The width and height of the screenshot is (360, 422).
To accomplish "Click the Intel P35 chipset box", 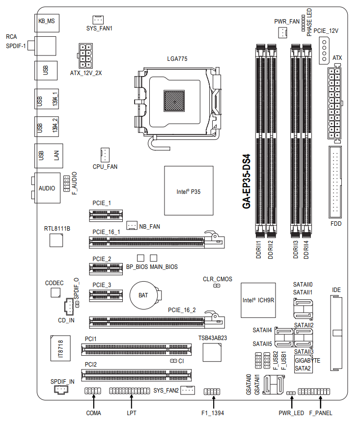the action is pyautogui.click(x=189, y=190).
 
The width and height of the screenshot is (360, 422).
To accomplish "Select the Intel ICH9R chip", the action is pyautogui.click(x=258, y=300).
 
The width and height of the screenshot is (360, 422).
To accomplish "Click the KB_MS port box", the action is pyautogui.click(x=47, y=23).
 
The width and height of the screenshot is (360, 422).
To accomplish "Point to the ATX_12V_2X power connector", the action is pyautogui.click(x=85, y=56).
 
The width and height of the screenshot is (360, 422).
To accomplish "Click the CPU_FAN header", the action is pyautogui.click(x=105, y=155).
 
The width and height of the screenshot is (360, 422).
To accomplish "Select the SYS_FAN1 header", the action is pyautogui.click(x=98, y=20).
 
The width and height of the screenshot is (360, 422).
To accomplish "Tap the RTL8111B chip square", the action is pyautogui.click(x=56, y=240).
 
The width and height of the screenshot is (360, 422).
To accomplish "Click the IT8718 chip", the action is pyautogui.click(x=60, y=348).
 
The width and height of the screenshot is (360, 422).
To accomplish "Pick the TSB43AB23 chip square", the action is pyautogui.click(x=212, y=352).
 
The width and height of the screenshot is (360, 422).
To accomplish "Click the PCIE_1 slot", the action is pyautogui.click(x=106, y=215).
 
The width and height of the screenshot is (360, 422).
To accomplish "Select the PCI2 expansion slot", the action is pyautogui.click(x=137, y=375).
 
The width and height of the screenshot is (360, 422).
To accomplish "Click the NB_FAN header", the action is pyautogui.click(x=132, y=225).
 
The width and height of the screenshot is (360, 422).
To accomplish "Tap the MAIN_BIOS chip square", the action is pyautogui.click(x=154, y=258).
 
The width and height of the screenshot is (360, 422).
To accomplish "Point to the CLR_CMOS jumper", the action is pyautogui.click(x=217, y=286).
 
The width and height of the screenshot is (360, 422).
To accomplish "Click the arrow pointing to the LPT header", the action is pyautogui.click(x=131, y=401).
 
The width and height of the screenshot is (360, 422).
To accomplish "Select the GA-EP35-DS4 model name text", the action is pyautogui.click(x=247, y=181).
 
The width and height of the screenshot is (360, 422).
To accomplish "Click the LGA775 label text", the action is pyautogui.click(x=177, y=59).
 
